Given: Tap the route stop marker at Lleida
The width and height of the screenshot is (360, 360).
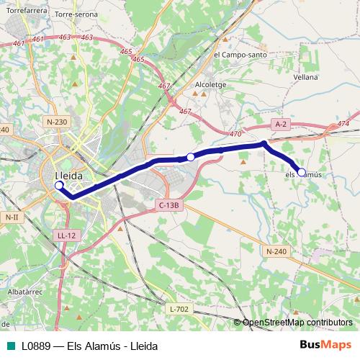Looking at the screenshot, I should click(x=59, y=185).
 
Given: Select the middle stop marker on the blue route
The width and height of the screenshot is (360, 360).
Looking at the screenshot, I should click(x=191, y=157).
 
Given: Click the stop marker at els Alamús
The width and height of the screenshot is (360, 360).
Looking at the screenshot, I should click(x=302, y=172).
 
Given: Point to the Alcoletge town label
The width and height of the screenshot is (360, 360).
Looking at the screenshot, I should click(x=210, y=84).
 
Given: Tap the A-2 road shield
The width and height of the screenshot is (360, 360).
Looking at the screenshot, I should click(x=282, y=124).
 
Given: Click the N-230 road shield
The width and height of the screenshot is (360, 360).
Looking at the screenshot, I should click(x=55, y=122).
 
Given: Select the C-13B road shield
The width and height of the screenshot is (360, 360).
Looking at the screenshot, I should click(x=168, y=205).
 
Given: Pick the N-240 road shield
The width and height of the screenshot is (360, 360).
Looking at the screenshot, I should click(x=276, y=251).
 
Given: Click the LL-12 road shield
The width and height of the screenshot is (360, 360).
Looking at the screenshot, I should click(x=66, y=235).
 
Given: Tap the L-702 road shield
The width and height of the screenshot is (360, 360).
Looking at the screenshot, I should click(x=179, y=309).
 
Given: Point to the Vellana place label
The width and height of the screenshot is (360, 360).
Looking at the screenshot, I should click(x=305, y=76).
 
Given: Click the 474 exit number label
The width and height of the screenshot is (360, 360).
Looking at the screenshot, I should click(x=342, y=124).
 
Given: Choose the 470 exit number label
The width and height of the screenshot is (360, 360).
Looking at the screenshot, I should click(x=235, y=134).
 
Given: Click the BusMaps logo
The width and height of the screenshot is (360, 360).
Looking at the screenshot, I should click(x=326, y=345).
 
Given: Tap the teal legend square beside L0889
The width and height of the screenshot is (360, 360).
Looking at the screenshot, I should click(x=10, y=346).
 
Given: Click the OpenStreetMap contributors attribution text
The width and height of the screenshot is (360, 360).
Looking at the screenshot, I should click(x=297, y=322).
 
